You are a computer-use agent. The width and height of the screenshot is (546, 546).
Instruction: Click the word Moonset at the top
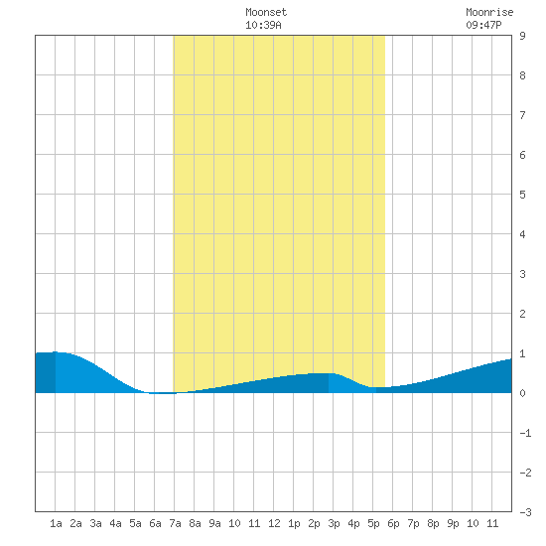point(266,12)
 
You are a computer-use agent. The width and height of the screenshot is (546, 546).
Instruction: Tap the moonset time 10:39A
point(263,25)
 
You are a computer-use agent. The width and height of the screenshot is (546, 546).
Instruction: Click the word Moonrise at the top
point(489,12)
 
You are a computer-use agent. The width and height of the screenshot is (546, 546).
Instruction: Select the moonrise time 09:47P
point(483,25)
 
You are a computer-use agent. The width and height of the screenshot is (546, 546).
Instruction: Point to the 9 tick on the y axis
point(522,36)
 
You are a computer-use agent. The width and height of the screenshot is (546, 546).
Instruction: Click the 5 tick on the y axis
point(522,195)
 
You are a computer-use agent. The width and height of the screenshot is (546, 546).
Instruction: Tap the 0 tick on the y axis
point(522,393)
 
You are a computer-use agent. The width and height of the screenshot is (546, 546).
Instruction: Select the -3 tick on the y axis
point(525,512)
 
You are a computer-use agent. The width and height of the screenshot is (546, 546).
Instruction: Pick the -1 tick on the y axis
point(525,433)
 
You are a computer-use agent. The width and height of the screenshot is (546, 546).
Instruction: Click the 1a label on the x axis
point(56,523)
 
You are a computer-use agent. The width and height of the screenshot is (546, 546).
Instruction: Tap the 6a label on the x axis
point(155,523)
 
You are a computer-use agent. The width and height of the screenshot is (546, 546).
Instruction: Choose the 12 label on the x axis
point(274,523)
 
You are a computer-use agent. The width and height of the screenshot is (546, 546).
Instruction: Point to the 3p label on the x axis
point(334,523)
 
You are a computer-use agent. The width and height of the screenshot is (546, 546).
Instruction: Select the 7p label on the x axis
point(413,523)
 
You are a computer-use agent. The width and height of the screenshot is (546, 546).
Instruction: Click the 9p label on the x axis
point(453,523)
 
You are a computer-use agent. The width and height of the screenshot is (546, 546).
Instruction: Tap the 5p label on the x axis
point(373,523)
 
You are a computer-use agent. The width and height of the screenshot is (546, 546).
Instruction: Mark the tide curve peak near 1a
point(55,352)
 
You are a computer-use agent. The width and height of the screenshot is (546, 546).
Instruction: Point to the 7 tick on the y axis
point(522,115)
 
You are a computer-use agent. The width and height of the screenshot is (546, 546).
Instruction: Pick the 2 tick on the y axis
point(522,314)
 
